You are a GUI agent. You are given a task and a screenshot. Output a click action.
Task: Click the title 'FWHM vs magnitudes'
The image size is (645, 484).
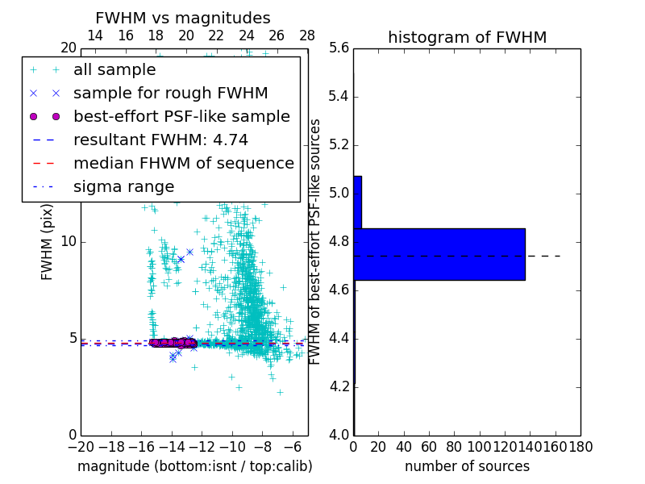pos(183,18)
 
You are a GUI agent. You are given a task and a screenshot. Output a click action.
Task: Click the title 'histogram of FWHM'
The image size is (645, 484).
pos(467,37)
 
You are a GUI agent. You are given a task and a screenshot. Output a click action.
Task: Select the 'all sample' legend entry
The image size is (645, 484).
pos(114,70)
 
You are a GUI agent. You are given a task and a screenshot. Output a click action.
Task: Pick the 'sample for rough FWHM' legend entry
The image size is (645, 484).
pos(170,94)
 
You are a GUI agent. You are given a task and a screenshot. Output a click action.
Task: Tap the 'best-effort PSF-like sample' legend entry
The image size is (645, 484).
pos(181,117)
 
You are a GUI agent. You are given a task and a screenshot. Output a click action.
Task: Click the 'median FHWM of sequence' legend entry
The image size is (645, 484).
pos(183,164)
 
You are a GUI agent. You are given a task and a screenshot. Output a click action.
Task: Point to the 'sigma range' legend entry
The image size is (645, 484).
pos(123,187)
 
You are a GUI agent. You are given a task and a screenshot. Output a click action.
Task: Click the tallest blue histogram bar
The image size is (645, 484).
pos(439,254)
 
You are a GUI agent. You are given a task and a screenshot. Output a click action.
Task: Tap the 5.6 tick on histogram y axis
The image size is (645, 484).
pos(339,48)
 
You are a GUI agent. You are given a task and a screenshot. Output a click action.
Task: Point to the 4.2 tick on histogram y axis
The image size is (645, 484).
pos(339,386)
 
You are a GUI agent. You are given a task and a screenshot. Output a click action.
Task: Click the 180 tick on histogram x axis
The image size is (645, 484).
pos(580,446)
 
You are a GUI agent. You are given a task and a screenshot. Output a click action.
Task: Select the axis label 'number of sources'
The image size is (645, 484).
pos(467,466)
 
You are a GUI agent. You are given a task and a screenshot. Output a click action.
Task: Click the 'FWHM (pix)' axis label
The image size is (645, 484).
pos(48,242)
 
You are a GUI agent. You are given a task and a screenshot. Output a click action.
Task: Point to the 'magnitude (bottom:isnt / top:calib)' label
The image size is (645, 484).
pos(194,466)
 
